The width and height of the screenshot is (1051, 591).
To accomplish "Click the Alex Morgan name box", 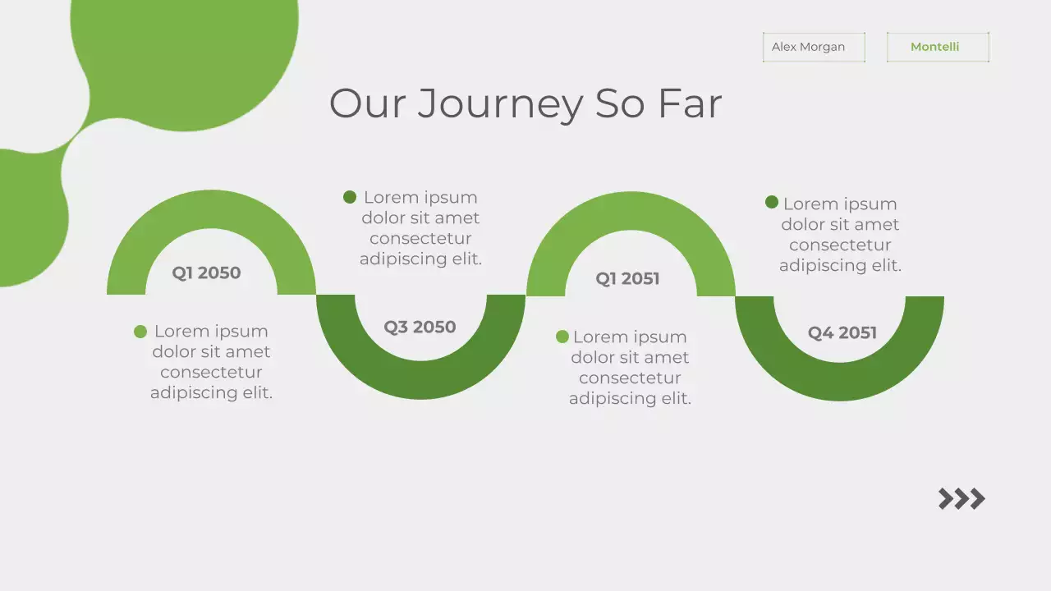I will tap(813, 47).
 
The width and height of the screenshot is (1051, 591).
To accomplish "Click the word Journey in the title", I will tap(500, 104).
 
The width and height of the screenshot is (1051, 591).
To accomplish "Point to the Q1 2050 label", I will tap(206, 273).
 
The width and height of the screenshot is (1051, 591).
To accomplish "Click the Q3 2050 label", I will tap(420, 327).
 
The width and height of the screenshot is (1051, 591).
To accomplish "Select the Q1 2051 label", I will tap(627, 279).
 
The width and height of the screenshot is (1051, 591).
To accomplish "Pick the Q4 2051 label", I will tap(842, 332).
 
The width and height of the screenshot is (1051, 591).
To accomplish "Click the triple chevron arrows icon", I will tap(962, 499).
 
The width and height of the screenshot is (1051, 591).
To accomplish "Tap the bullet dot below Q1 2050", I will tap(140, 332).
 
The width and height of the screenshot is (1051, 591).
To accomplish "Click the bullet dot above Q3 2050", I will tap(350, 197).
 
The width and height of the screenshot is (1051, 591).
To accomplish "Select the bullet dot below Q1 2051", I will tap(562, 337).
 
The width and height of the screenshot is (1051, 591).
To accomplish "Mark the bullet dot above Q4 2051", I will tap(772, 202).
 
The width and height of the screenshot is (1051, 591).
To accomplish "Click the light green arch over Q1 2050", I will tap(211, 208).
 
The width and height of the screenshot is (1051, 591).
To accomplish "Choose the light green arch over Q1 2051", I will tap(631, 210).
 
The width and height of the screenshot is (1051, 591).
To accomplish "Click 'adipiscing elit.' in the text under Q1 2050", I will tap(211, 392).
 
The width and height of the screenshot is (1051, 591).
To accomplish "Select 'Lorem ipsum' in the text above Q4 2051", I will tap(840, 204).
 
